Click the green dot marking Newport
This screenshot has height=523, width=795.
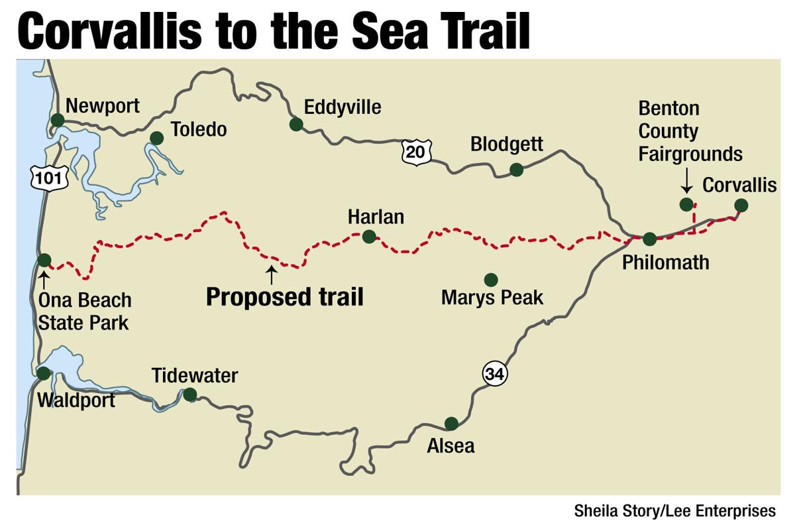click(58, 120)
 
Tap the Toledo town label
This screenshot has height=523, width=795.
click(198, 129)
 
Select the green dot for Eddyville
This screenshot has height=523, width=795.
click(296, 124)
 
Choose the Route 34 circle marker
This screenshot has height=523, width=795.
click(494, 374)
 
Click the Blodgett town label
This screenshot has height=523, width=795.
click(506, 144)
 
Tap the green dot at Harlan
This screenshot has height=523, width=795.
click(369, 236)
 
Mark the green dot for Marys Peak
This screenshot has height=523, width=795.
click(491, 280)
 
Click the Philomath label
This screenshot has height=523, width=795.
click(665, 262)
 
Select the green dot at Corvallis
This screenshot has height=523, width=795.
click(741, 205)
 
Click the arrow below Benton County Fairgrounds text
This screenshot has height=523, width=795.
click(686, 179)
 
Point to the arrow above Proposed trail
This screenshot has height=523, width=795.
click(270, 274)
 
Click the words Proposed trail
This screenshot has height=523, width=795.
click(284, 297)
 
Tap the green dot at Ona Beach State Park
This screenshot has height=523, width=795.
click(44, 260)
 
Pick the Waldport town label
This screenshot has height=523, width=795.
click(76, 400)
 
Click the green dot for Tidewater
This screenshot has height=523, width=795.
click(189, 395)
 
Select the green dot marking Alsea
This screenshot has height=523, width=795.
click(451, 424)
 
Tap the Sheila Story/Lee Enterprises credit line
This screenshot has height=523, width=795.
click(674, 510)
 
